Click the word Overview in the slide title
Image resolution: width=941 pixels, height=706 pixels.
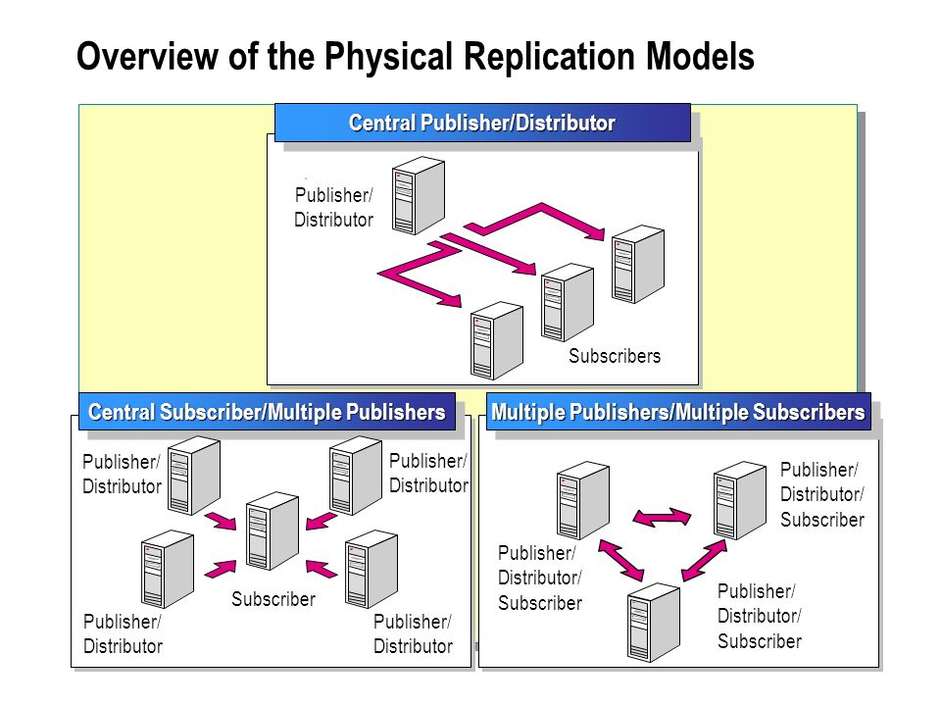pos(148,57)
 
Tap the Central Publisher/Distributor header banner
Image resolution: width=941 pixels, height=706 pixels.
pos(482,123)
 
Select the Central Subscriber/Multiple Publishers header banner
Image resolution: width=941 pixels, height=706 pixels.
pos(267,412)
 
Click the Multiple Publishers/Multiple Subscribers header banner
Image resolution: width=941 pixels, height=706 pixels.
pos(678,412)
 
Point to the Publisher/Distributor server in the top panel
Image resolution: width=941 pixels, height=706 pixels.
pos(419,196)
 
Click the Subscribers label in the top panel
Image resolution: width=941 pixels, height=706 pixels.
pos(615,356)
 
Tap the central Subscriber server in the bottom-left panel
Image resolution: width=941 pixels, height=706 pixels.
pos(272,530)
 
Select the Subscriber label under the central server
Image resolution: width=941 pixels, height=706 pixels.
pos(273,599)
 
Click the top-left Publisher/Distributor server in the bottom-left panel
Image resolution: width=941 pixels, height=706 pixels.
pos(194,476)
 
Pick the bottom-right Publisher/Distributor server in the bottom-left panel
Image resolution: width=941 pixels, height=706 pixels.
pos(371,569)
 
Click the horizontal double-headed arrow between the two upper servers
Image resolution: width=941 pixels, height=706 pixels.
pos(662,517)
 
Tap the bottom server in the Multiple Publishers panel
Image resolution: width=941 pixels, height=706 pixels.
pos(654,622)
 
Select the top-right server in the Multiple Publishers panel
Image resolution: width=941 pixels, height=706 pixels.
pos(740,500)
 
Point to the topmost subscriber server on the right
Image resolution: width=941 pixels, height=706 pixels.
pos(638,264)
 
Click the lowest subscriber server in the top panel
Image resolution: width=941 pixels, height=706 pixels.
pos(497,340)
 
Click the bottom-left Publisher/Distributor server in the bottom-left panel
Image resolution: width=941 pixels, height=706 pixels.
pos(168,569)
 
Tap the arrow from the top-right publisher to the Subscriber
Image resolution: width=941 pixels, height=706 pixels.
pos(322,521)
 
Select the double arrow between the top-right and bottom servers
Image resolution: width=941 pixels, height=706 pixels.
pos(705,560)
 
